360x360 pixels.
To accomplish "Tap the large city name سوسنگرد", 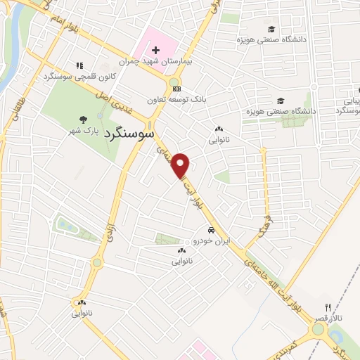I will click(x=131, y=134).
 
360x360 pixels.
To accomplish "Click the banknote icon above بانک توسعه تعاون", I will click(x=176, y=89).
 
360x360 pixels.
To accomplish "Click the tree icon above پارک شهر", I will click(x=84, y=120).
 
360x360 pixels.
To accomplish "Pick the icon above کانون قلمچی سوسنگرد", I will click(x=79, y=65).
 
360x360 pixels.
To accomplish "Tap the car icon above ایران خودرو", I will click(x=210, y=231).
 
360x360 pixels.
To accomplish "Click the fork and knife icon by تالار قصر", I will click(x=328, y=307).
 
